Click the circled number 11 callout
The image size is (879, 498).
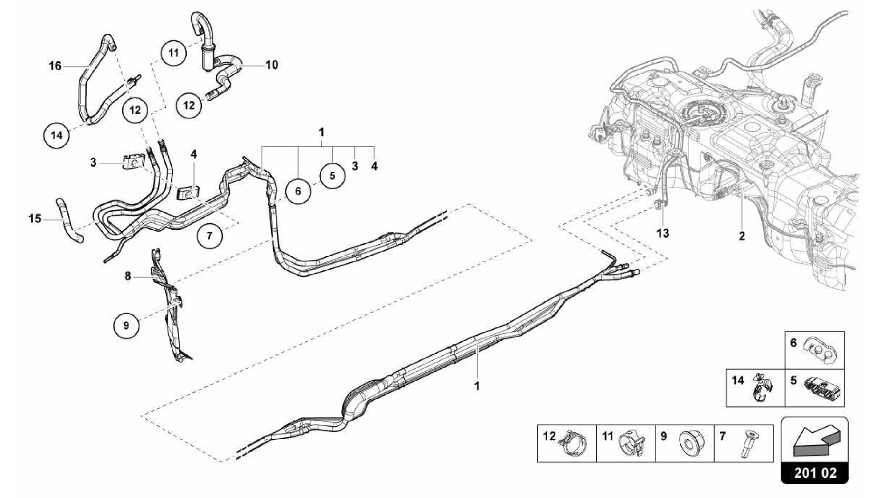tap(173, 53)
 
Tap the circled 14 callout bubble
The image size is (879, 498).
tap(57, 136)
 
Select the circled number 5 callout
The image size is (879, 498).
tap(332, 176)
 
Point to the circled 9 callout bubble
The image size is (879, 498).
tap(126, 325)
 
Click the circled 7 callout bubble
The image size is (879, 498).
tap(209, 236)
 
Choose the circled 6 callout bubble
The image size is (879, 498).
tap(298, 191)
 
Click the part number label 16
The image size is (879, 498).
tap(55, 66)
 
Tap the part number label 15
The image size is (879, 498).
tap(35, 219)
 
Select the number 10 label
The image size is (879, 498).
tap(272, 65)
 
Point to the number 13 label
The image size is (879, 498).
tap(663, 234)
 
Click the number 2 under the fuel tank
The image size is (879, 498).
tap(742, 236)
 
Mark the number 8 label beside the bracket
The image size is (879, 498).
tap(128, 276)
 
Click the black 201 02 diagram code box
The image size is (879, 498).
tap(815, 473)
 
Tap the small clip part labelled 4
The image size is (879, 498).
tap(188, 193)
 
